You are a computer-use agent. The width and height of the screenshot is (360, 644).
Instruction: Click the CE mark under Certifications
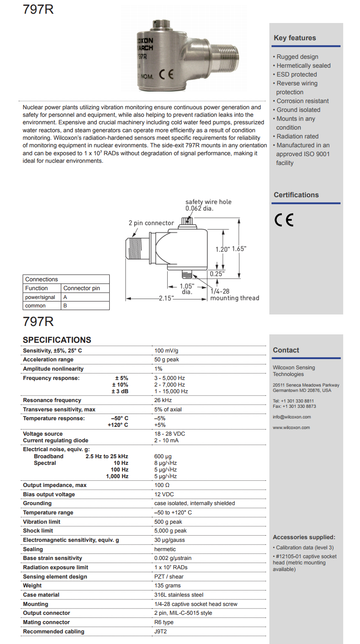(284, 220)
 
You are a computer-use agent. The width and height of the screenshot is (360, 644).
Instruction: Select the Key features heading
(295, 38)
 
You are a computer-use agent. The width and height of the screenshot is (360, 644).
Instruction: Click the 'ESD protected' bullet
(296, 74)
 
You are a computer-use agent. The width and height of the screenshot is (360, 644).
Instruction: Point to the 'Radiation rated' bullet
(297, 136)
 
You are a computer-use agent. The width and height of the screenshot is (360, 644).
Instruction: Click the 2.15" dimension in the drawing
(166, 299)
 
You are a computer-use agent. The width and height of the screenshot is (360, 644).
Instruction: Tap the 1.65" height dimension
(239, 249)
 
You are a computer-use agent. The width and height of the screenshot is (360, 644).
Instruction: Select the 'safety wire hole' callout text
(208, 202)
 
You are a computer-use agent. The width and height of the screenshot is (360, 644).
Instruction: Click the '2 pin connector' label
(151, 223)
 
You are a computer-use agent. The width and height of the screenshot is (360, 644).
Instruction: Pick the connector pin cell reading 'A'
(65, 297)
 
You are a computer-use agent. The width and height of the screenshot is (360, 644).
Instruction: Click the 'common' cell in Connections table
(35, 306)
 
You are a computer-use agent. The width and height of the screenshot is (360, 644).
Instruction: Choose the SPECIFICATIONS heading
(57, 340)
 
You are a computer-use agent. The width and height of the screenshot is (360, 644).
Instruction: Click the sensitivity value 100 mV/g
(166, 351)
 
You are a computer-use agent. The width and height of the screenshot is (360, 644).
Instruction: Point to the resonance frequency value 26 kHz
(163, 400)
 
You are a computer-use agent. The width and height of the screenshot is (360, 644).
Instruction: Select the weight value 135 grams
(167, 586)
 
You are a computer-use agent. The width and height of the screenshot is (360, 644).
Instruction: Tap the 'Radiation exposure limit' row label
(55, 567)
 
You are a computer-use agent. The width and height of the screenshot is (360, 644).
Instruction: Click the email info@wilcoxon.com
(291, 417)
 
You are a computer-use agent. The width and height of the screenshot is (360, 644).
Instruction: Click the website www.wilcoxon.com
(291, 428)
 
